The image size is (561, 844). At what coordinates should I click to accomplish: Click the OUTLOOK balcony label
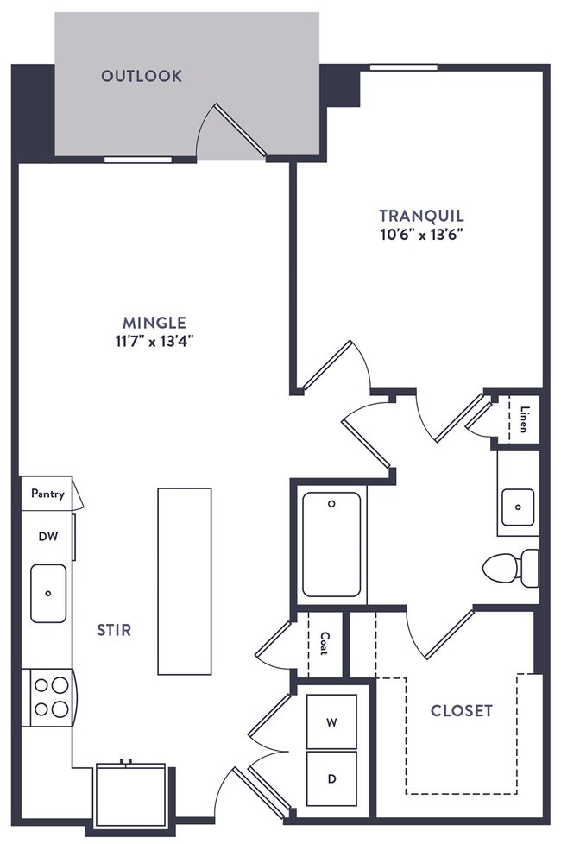pos(142,76)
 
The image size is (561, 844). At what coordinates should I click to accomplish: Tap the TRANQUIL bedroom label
pos(421,216)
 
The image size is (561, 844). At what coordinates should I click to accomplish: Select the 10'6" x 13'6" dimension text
pos(422,235)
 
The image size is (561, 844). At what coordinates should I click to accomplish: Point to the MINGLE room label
pos(154,323)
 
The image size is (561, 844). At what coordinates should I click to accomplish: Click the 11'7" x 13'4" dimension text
pos(154,341)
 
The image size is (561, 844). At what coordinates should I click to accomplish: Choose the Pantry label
pos(48,494)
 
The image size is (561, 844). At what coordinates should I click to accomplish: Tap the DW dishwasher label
pos(48,536)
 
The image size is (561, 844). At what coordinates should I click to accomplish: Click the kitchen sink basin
pos(48,593)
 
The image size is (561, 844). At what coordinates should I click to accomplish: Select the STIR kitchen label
pos(114,630)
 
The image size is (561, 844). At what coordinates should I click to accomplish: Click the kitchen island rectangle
pos(185,582)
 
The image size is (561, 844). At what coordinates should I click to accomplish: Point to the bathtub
pos(331,545)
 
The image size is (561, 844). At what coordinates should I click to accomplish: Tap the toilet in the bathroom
pos(510,568)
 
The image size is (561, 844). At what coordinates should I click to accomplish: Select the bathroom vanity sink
pos(518,507)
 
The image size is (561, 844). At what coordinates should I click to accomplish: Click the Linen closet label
pos(524,419)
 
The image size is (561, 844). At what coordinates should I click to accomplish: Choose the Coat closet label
pos(325,643)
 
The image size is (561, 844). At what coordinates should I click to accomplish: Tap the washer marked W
pos(331,721)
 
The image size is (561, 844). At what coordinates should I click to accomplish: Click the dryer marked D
pos(331,779)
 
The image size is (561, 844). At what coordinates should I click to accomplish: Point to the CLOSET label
pos(462,711)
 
